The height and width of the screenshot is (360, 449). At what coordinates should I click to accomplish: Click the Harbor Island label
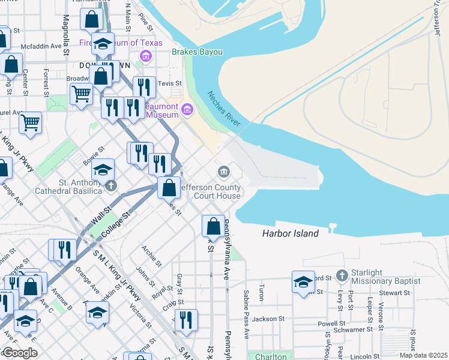(290, 233)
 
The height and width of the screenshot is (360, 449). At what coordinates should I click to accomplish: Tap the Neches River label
(224, 109)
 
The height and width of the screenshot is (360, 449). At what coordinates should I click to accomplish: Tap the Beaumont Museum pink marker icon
(187, 110)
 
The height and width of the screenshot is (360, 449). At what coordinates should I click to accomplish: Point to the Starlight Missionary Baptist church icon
(342, 275)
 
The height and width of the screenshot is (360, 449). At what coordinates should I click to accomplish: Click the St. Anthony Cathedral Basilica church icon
(110, 187)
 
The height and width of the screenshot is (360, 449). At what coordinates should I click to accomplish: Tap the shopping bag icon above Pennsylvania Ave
(213, 226)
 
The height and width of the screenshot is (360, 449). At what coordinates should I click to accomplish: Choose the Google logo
(19, 353)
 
